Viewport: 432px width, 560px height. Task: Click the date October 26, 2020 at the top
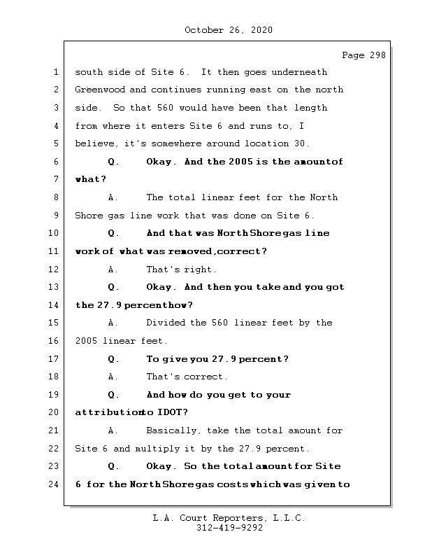pyautogui.click(x=229, y=30)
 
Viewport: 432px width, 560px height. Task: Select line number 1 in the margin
pyautogui.click(x=54, y=72)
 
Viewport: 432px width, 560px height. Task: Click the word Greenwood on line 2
pyautogui.click(x=101, y=90)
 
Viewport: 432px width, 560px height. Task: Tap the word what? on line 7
pyautogui.click(x=90, y=180)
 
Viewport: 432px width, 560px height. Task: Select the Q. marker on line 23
pyautogui.click(x=114, y=466)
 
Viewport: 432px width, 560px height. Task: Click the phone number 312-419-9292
pyautogui.click(x=229, y=528)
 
